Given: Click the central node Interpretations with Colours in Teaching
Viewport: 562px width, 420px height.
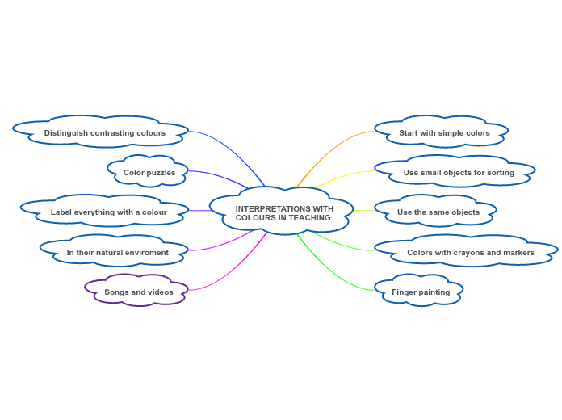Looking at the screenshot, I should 282,212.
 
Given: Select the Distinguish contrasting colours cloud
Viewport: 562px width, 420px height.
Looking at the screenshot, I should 104,132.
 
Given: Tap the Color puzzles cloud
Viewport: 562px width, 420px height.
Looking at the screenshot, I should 149,172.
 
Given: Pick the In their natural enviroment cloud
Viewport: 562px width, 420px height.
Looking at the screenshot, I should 117,252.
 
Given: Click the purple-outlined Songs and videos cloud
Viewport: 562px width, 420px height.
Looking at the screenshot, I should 138,292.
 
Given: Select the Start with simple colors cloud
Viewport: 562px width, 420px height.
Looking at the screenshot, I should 444,132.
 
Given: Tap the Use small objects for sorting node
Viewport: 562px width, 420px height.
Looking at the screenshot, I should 458,172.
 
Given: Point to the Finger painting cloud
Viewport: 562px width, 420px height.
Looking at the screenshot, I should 421,292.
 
